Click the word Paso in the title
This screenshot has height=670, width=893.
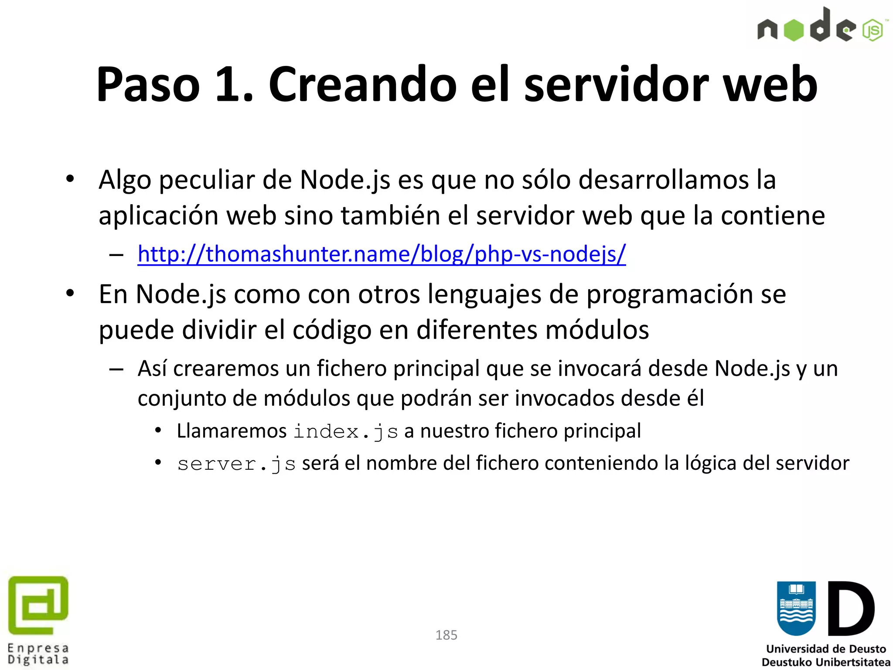[x=148, y=84]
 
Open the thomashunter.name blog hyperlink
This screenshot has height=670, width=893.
[x=382, y=253]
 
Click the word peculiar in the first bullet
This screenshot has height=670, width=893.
[x=207, y=180]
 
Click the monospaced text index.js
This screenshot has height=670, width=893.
[x=345, y=432]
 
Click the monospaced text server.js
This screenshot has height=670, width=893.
[x=236, y=464]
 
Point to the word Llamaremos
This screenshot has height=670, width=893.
[x=232, y=431]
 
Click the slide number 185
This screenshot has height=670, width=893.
[x=446, y=635]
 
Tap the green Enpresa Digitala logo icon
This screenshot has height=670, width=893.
[x=38, y=605]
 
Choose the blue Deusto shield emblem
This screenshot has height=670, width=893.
[x=796, y=608]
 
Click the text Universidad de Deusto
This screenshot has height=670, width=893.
[x=826, y=649]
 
